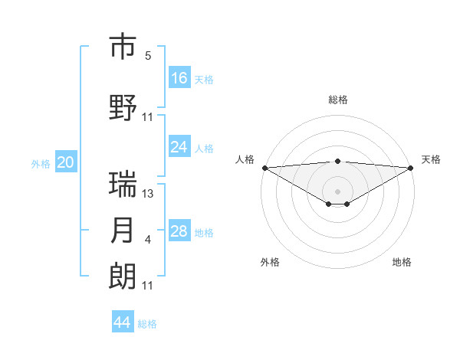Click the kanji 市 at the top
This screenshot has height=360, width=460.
tap(123, 47)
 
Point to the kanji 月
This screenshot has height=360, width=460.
tap(123, 231)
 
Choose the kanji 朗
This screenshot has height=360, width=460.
tap(123, 276)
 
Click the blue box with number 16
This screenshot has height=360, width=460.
tap(179, 77)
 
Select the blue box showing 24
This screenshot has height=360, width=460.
tap(179, 147)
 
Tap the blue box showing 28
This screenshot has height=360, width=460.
tap(179, 231)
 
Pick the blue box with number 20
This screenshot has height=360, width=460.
tap(66, 162)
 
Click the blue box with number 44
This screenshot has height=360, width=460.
tap(123, 322)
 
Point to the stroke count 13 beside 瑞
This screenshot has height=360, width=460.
tap(148, 194)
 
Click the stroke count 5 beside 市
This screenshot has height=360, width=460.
tap(148, 56)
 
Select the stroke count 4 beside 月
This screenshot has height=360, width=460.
tap(148, 241)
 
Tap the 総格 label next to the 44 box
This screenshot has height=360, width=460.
tap(147, 324)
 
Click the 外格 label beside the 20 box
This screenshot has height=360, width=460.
tap(41, 164)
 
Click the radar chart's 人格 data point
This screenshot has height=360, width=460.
tap(264, 168)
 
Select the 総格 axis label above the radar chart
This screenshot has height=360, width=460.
tap(338, 100)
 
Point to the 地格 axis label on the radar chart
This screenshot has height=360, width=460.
tap(402, 262)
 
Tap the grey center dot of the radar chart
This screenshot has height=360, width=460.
tap(338, 190)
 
